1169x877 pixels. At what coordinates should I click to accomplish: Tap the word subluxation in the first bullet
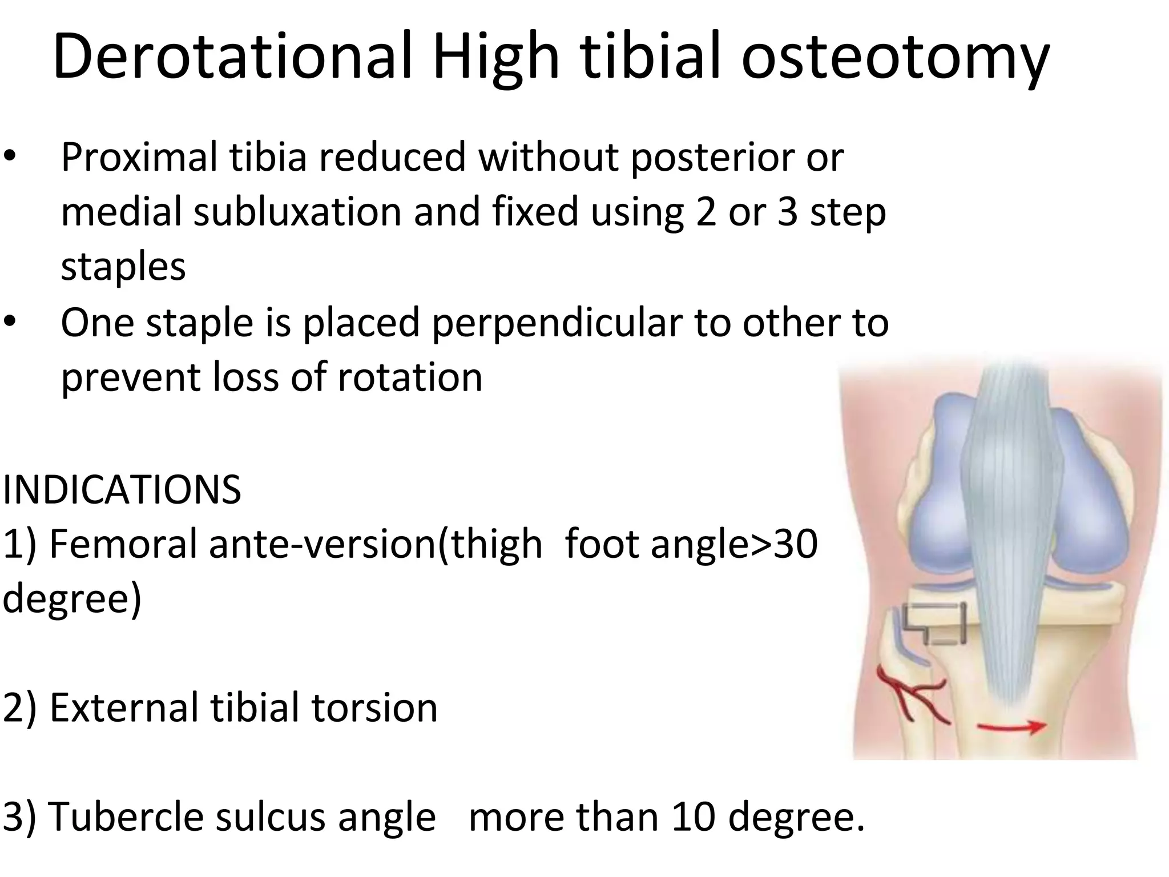[297, 211]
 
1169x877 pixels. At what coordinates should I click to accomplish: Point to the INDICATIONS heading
[122, 490]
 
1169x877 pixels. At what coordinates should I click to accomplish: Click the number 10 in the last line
[692, 816]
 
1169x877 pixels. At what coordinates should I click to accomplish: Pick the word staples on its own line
[123, 266]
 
